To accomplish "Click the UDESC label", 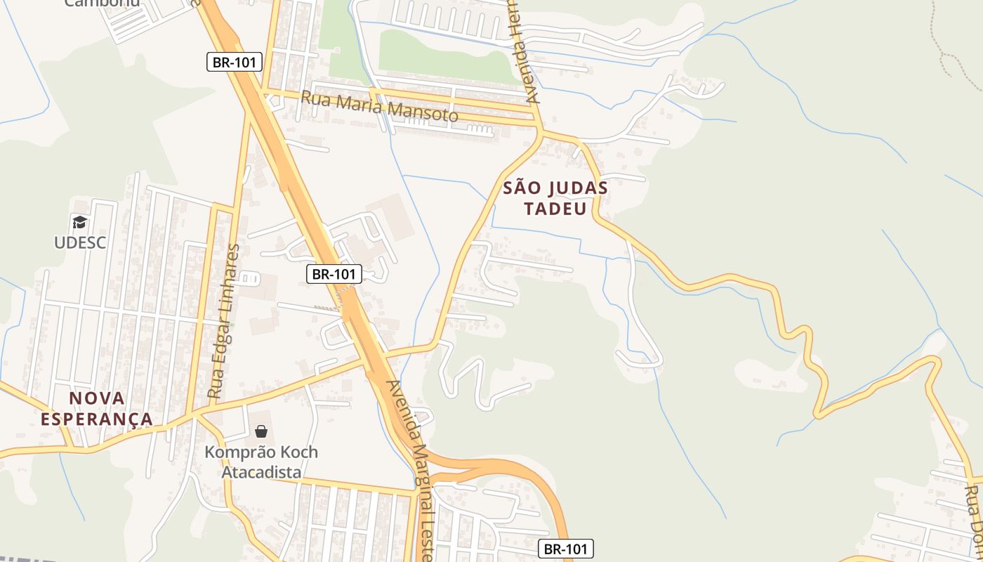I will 80,242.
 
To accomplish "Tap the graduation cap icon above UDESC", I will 80,223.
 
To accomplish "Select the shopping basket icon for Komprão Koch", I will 261,431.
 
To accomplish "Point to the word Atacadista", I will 261,472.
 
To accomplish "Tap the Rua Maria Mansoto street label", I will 379,106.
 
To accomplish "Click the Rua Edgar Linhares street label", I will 225,322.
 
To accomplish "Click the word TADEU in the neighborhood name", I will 555,209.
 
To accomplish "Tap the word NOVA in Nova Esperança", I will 97,398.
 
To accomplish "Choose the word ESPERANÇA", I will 97,419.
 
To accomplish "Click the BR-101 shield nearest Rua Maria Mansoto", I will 235,62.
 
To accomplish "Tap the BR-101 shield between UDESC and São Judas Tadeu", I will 334,274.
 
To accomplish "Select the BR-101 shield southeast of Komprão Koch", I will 567,549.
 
